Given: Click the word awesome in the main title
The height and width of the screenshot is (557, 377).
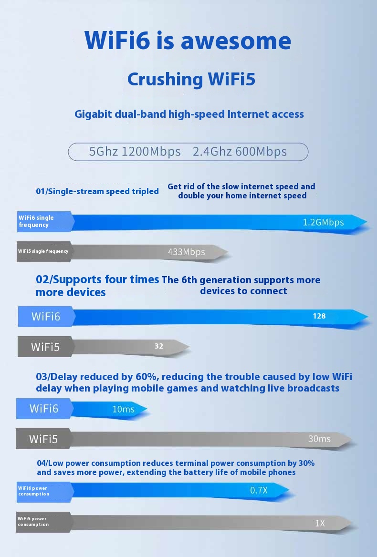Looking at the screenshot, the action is click(x=236, y=41).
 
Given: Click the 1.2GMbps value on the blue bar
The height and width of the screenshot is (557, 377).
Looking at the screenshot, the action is click(x=324, y=222).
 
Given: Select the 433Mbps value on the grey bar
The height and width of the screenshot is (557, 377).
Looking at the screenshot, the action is click(x=186, y=252).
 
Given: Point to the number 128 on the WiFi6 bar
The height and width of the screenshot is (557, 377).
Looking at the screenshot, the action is click(x=319, y=316).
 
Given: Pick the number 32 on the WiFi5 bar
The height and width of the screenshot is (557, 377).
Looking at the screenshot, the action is click(x=159, y=346).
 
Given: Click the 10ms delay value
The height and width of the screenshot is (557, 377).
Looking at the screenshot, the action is click(x=123, y=409).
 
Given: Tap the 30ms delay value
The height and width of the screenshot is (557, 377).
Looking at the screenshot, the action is click(x=319, y=439).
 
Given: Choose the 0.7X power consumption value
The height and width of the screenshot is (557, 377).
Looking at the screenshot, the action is click(x=259, y=490).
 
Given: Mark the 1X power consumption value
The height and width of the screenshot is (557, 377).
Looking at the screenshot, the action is click(x=320, y=523).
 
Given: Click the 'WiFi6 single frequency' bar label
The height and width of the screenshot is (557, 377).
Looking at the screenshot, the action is click(x=36, y=221).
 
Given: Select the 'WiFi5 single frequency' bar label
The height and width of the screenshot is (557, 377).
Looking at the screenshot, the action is click(x=43, y=251).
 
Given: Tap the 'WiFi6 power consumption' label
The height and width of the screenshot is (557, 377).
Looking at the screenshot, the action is click(x=34, y=491).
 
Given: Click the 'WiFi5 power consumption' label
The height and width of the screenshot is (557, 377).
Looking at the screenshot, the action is click(x=33, y=522).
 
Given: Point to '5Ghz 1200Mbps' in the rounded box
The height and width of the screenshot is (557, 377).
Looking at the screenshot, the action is click(x=135, y=152).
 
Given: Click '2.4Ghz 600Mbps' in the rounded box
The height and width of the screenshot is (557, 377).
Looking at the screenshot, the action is click(x=240, y=152).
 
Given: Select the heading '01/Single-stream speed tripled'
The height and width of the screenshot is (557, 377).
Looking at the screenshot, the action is click(x=97, y=191).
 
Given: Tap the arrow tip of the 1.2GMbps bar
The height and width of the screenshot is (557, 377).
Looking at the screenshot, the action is click(x=367, y=222).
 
